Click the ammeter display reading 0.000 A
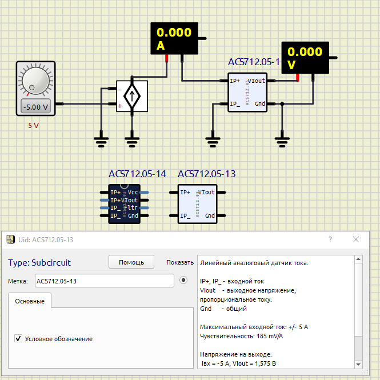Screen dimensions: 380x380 point(174,38)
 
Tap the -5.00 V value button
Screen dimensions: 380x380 point(35,106)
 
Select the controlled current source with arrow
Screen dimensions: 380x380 point(132,96)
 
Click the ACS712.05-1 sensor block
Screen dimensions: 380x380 point(247,93)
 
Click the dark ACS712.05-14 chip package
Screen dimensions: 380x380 point(125,204)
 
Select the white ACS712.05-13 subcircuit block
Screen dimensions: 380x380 point(197,204)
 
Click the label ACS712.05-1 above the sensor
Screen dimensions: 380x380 point(254,62)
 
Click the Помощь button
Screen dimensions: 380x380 point(131,262)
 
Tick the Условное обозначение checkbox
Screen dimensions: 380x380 point(18,339)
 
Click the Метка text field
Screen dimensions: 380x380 point(103,281)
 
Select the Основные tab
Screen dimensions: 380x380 point(30,301)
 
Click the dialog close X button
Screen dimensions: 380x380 point(356,239)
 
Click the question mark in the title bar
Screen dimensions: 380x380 point(330,239)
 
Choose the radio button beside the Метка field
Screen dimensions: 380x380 point(183,281)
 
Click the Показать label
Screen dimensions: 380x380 point(180,263)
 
